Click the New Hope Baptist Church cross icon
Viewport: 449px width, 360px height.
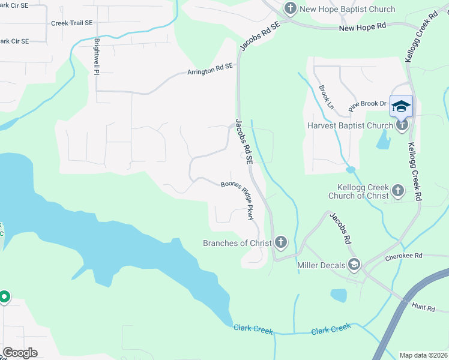(x=291, y=8)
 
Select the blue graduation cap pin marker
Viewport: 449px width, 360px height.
(x=401, y=107)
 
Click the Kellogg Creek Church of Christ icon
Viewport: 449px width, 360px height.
(x=397, y=191)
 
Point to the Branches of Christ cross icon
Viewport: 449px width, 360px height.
(x=280, y=242)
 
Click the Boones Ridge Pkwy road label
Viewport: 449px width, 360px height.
(x=240, y=200)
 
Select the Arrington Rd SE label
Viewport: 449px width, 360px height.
(x=209, y=71)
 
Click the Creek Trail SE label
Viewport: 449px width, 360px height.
(x=71, y=23)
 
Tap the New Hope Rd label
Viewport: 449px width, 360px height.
(x=362, y=27)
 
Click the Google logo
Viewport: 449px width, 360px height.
(x=20, y=353)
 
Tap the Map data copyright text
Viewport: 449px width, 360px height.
(x=423, y=355)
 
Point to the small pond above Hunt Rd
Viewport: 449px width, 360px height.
(x=339, y=295)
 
